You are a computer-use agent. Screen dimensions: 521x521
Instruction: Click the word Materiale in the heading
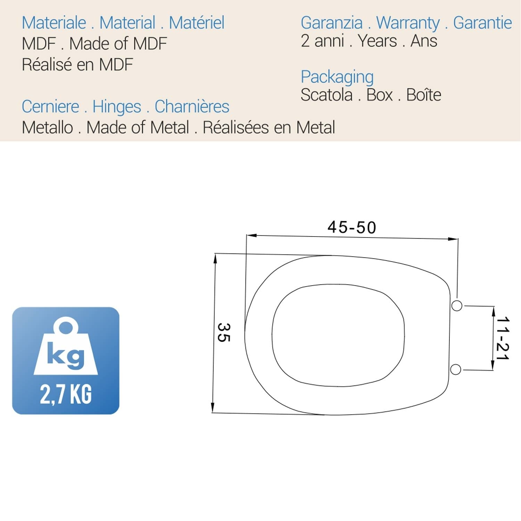[54, 23]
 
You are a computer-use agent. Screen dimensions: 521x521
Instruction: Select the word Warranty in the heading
[408, 23]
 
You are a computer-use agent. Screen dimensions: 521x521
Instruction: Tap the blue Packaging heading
[337, 77]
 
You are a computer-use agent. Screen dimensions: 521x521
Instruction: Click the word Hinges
[117, 107]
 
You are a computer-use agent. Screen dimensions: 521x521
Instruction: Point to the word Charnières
[192, 107]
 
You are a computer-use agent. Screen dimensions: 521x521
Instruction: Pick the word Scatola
[326, 95]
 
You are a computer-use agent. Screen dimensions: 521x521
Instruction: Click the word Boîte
[423, 95]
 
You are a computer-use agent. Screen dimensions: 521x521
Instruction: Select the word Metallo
[47, 127]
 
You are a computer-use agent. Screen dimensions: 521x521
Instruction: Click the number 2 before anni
[305, 41]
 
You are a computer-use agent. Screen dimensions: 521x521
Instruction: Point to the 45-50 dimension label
[352, 228]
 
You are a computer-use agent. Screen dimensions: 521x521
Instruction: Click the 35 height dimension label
[223, 332]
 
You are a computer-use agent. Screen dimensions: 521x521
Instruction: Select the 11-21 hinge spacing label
[502, 338]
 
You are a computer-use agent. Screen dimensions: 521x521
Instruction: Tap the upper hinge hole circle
[457, 306]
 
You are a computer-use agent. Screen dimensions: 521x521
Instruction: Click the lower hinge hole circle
[456, 370]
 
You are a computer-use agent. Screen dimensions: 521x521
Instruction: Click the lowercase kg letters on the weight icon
[66, 355]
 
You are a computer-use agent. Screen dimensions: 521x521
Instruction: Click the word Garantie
[482, 23]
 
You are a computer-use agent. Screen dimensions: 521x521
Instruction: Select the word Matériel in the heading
[196, 23]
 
